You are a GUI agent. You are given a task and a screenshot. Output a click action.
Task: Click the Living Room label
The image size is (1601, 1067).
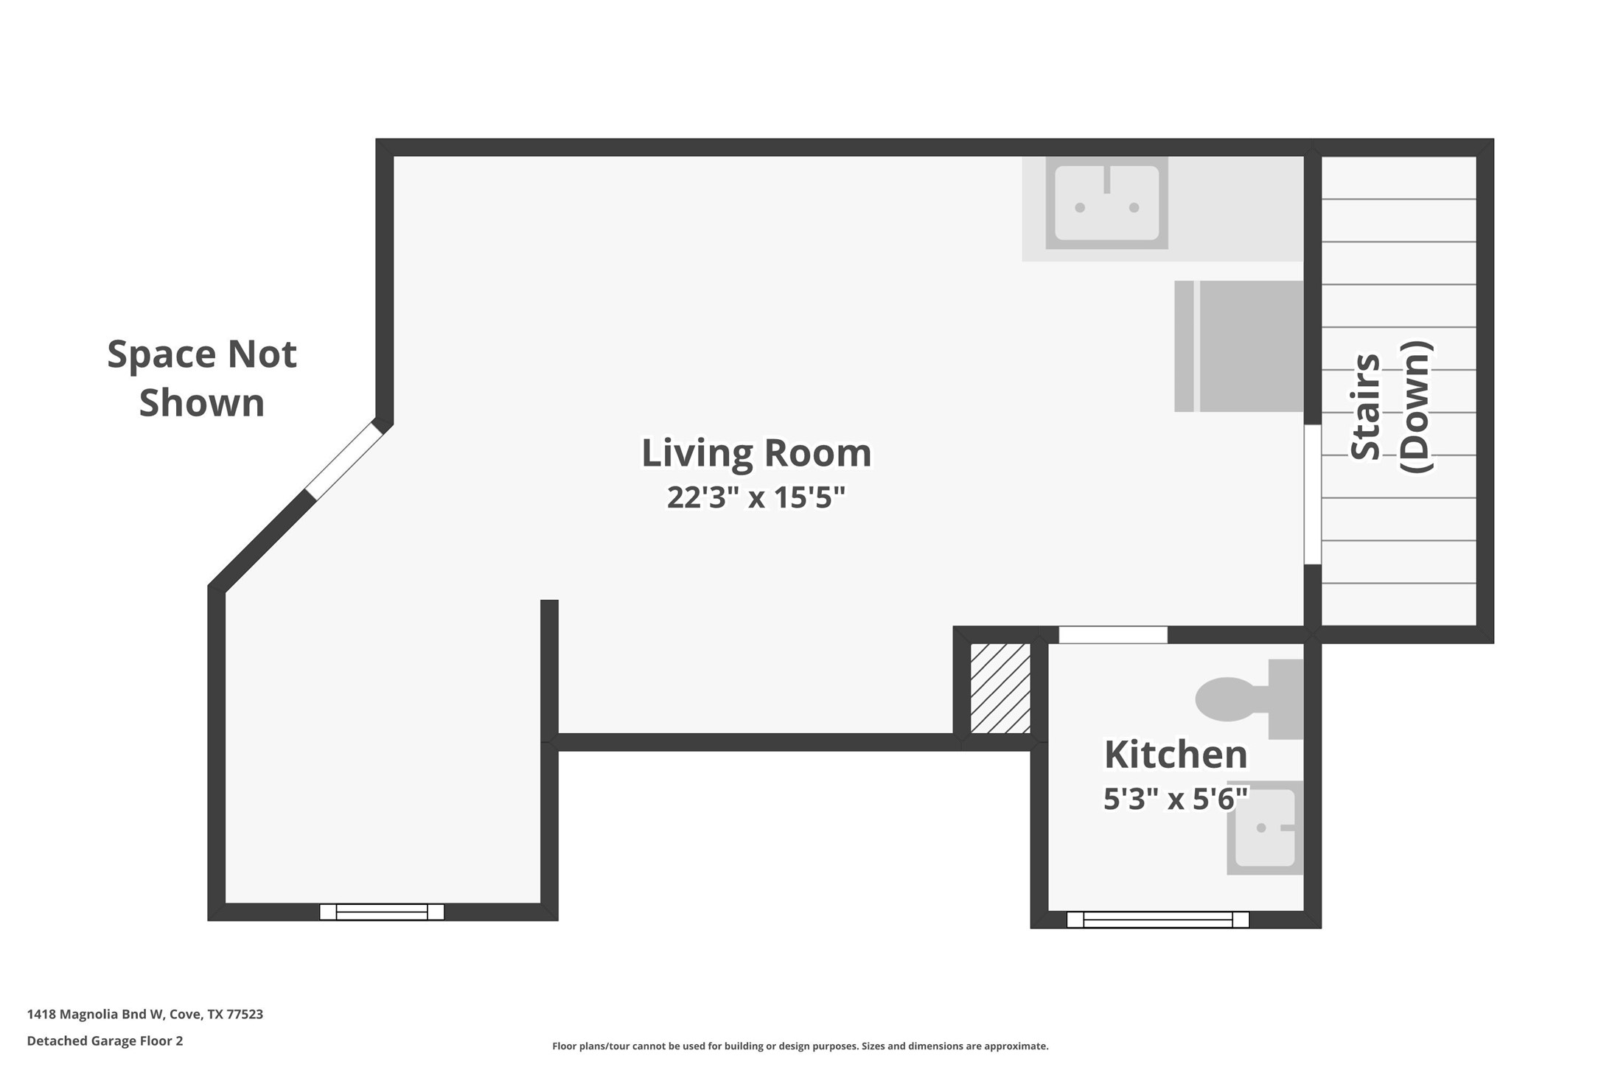(x=756, y=452)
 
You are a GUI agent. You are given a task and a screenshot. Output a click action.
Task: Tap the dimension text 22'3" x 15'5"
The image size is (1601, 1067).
(x=756, y=497)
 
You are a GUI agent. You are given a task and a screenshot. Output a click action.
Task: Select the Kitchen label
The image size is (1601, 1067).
(x=1175, y=754)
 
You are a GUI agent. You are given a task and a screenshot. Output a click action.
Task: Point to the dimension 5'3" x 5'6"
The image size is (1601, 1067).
(x=1175, y=798)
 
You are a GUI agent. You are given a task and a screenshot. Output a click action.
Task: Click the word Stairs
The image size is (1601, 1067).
(x=1365, y=407)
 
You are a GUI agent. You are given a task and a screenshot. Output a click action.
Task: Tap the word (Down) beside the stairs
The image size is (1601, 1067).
(x=1415, y=407)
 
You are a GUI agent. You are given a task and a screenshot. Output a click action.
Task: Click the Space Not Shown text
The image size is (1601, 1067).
(x=201, y=378)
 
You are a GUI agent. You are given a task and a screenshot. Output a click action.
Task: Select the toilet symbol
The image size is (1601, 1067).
(x=1246, y=699)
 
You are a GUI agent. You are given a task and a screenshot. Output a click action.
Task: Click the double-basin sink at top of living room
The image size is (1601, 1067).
(x=1106, y=203)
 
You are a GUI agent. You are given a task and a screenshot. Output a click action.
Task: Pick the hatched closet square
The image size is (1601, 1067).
(x=1000, y=688)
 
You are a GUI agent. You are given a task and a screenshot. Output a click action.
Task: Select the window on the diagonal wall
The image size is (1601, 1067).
(x=345, y=461)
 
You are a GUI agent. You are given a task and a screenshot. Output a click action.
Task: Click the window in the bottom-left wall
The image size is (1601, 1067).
(x=382, y=912)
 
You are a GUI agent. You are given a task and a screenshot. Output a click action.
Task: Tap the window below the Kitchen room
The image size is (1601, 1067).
(x=1157, y=919)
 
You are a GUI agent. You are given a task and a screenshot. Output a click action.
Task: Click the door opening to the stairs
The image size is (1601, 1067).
(x=1312, y=494)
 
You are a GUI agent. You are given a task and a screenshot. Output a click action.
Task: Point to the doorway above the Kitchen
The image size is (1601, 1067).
(x=1113, y=634)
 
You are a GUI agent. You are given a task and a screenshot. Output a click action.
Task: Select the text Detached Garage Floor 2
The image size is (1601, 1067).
(x=105, y=1040)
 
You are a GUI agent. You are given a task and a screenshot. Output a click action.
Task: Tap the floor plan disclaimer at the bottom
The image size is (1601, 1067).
(x=800, y=1046)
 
